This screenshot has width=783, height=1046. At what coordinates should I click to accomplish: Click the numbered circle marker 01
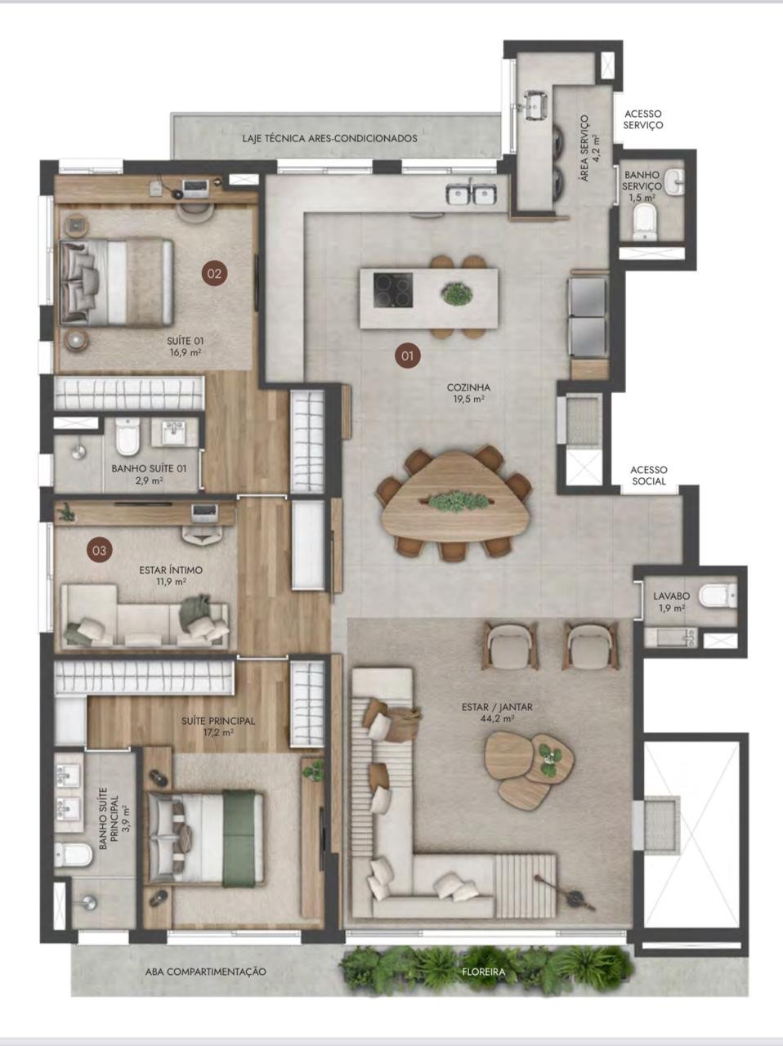click(x=408, y=355)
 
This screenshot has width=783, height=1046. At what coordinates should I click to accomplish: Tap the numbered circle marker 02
click(x=214, y=274)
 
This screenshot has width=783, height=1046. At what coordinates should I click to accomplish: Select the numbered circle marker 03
click(x=100, y=551)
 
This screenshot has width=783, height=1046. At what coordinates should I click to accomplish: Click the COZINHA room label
click(x=468, y=387)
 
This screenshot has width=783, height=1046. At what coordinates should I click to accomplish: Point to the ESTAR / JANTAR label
click(x=497, y=707)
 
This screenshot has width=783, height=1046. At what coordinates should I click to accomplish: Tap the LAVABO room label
click(x=672, y=596)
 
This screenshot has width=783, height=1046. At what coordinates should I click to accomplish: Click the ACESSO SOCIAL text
click(x=649, y=476)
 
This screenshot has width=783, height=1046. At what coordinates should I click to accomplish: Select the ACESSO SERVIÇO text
click(x=643, y=119)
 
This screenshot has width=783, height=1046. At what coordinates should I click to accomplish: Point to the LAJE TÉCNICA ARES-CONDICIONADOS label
click(x=329, y=138)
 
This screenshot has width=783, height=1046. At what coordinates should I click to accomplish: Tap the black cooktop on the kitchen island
click(x=393, y=290)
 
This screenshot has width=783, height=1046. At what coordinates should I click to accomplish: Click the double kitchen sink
click(x=472, y=194)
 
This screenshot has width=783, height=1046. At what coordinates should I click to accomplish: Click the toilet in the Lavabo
click(x=718, y=597)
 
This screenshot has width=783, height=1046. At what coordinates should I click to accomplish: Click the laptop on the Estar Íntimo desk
click(x=204, y=512)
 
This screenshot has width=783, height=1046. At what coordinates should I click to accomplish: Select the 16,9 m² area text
click(x=185, y=353)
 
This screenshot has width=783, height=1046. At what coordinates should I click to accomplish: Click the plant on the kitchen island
click(x=457, y=294)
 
